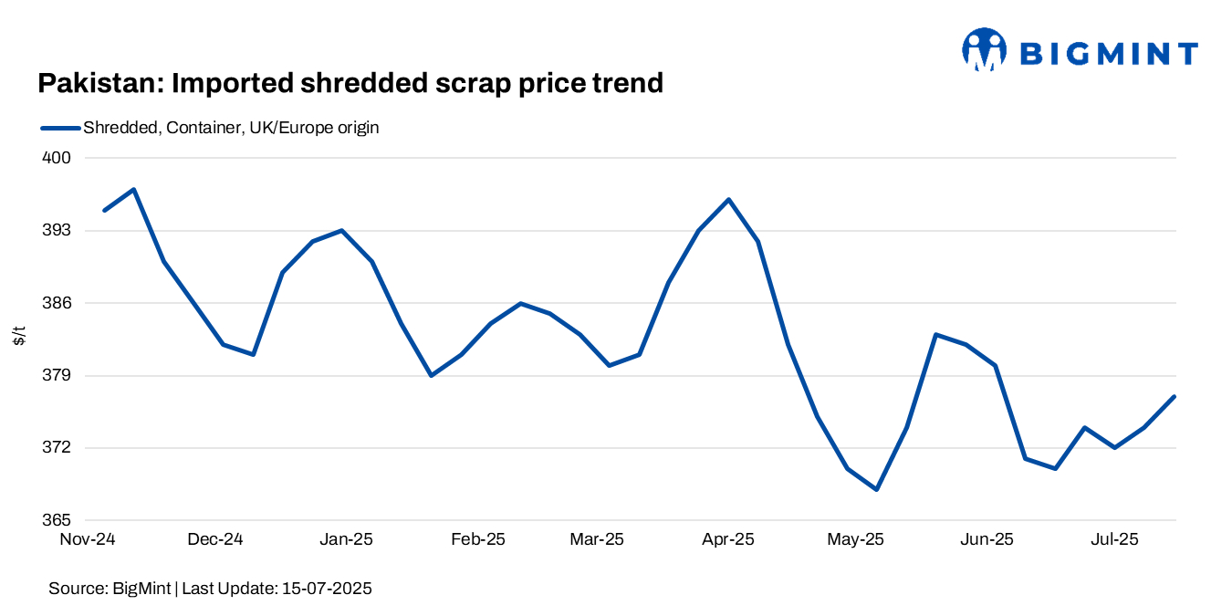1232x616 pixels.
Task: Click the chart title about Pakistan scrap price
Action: pos(350,84)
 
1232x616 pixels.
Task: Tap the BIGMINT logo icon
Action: pos(984,49)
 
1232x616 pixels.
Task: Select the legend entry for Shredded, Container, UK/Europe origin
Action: pos(230,128)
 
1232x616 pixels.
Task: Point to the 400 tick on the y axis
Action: pos(58,158)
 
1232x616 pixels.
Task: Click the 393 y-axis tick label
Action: pos(58,230)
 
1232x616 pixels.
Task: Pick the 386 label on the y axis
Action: pos(58,303)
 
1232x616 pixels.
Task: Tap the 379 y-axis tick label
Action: pos(58,375)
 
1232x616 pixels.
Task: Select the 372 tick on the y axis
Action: pos(58,448)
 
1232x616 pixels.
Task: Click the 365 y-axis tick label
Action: pos(58,520)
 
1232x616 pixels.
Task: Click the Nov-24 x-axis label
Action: pos(88,539)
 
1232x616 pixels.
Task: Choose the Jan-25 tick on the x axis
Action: pos(347,539)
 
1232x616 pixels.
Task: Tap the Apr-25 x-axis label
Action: pos(728,539)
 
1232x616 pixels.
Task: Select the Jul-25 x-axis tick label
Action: pos(1115,539)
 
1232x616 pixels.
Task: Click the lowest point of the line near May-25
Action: pos(877,489)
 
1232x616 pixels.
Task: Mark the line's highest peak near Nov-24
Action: pos(134,190)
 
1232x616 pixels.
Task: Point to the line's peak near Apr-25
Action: pos(728,199)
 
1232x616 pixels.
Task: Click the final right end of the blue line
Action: pos(1175,396)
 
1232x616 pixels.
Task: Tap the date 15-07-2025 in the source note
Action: pos(326,589)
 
